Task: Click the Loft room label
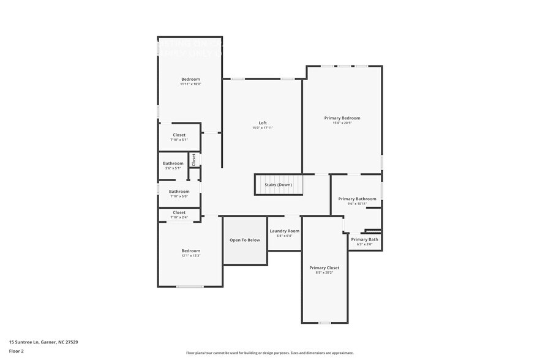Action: point(263,123)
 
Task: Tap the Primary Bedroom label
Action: point(342,118)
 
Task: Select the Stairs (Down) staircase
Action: point(278,184)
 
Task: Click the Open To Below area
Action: point(245,240)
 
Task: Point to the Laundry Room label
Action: point(284,231)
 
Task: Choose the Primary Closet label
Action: point(324,268)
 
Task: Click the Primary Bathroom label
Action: point(357,198)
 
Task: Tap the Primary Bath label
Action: point(364,239)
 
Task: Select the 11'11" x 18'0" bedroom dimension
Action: point(190,84)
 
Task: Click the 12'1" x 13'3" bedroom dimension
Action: point(190,256)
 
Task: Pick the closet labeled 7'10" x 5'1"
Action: point(179,137)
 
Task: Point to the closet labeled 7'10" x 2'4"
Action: point(179,215)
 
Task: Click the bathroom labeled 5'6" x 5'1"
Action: point(173,166)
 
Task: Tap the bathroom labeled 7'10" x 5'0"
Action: point(179,194)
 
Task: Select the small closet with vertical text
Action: point(193,159)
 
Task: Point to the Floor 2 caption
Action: point(16,351)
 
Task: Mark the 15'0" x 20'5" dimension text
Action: point(342,123)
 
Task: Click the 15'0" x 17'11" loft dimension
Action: point(263,128)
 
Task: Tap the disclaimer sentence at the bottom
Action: point(269,353)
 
